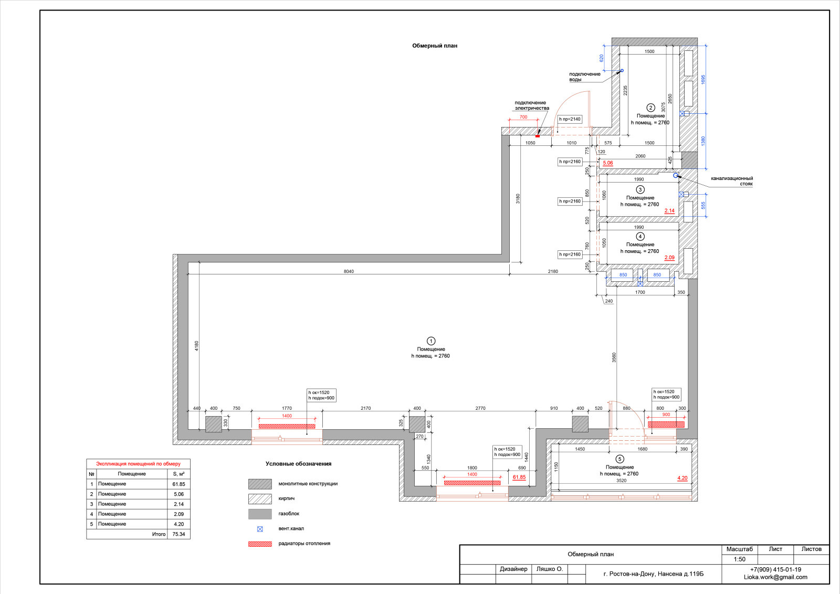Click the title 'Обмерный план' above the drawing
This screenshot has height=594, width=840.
pyautogui.click(x=435, y=46)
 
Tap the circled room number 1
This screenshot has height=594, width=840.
pyautogui.click(x=431, y=341)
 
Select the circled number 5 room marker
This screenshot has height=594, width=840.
pyautogui.click(x=619, y=459)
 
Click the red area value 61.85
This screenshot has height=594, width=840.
pyautogui.click(x=519, y=477)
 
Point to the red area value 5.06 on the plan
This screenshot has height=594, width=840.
pyautogui.click(x=607, y=163)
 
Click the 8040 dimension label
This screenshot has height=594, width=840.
pyautogui.click(x=349, y=271)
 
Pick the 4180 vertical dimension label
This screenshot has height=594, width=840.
pyautogui.click(x=196, y=346)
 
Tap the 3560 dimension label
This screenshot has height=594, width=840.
pyautogui.click(x=614, y=357)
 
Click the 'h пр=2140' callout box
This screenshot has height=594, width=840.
pyautogui.click(x=570, y=119)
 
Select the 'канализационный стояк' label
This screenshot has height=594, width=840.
pyautogui.click(x=732, y=181)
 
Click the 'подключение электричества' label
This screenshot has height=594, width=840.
pyautogui.click(x=532, y=105)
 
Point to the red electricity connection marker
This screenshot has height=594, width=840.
pyautogui.click(x=538, y=136)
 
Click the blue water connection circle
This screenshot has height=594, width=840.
pyautogui.click(x=622, y=70)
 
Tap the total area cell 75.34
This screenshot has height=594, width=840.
pyautogui.click(x=178, y=534)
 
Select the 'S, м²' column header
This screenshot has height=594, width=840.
pyautogui.click(x=178, y=474)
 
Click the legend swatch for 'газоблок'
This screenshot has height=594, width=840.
pyautogui.click(x=260, y=514)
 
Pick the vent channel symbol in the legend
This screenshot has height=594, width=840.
pyautogui.click(x=260, y=529)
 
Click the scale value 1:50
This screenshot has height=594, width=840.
pyautogui.click(x=740, y=559)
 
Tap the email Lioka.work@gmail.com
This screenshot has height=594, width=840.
pyautogui.click(x=775, y=577)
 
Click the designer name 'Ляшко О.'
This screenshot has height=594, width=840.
pyautogui.click(x=549, y=569)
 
